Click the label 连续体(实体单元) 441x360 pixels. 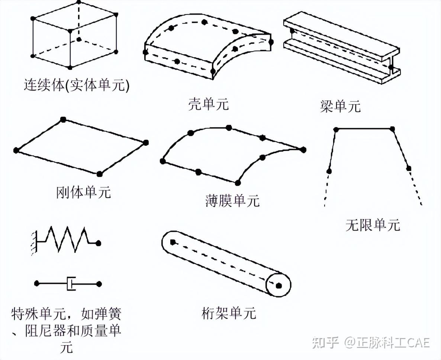pyautogui.click(x=76, y=86)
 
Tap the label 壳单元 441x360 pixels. pyautogui.click(x=208, y=104)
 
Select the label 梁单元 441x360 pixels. pyautogui.click(x=340, y=106)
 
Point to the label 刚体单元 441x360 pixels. pyautogui.click(x=84, y=192)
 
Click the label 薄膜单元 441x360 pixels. pyautogui.click(x=232, y=201)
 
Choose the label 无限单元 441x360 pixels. pyautogui.click(x=373, y=225)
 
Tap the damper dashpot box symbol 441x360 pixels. pyautogui.click(x=71, y=284)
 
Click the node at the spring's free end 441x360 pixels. pyautogui.click(x=98, y=243)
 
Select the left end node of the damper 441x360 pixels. pyautogui.click(x=36, y=283)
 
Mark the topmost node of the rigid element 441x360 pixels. pyautogui.click(x=63, y=119)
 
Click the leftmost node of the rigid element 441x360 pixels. pyautogui.click(x=16, y=150)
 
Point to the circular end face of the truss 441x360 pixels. pyautogui.click(x=278, y=285)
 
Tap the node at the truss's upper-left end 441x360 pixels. pyautogui.click(x=173, y=242)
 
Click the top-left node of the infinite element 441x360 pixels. pyautogui.click(x=336, y=129)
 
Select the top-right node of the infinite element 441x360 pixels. pyautogui.click(x=392, y=129)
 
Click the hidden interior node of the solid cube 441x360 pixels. pyautogui.click(x=79, y=39)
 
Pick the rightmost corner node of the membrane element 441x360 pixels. pyautogui.click(x=303, y=150)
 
